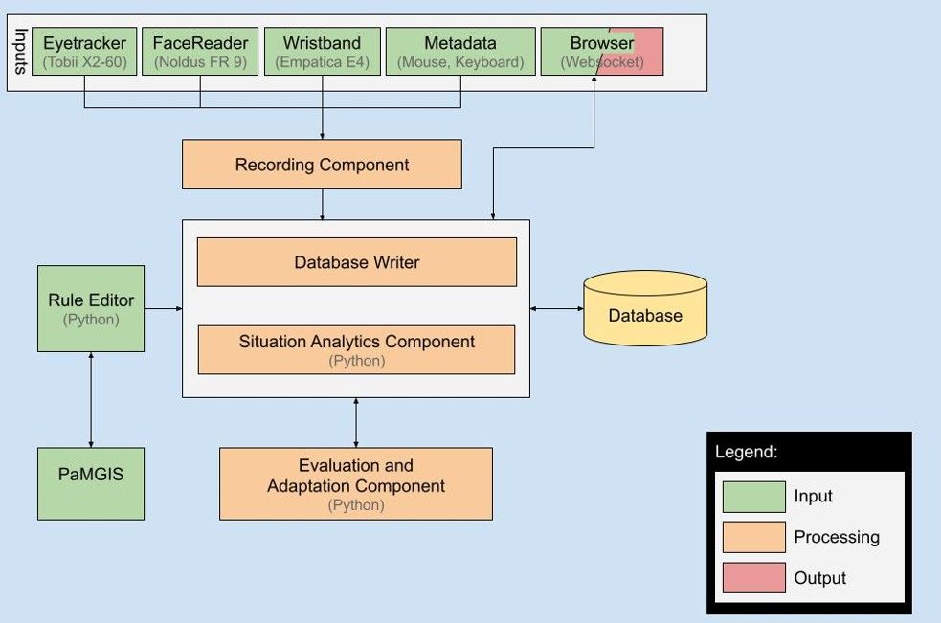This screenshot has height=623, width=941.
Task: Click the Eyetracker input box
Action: pyautogui.click(x=84, y=52)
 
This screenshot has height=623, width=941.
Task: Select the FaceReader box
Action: pyautogui.click(x=200, y=52)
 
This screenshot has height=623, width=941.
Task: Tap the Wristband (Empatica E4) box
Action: pyautogui.click(x=322, y=52)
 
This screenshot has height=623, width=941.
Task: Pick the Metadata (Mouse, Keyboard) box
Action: pyautogui.click(x=460, y=52)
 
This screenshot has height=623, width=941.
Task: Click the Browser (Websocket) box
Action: pyautogui.click(x=601, y=52)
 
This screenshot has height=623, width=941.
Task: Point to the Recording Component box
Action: pyautogui.click(x=322, y=165)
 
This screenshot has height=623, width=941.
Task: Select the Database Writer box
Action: pyautogui.click(x=356, y=262)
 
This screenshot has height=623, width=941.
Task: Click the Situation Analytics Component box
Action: pyautogui.click(x=356, y=349)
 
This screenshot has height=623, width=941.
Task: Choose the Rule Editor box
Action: pyautogui.click(x=91, y=308)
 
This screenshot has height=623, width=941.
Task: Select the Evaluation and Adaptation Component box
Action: pyautogui.click(x=356, y=483)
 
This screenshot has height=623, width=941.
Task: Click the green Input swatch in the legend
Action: pyautogui.click(x=753, y=497)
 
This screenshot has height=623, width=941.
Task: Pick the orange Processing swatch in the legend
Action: pyautogui.click(x=753, y=537)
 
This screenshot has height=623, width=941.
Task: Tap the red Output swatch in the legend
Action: pyautogui.click(x=753, y=578)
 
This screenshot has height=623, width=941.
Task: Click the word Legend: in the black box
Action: pyautogui.click(x=747, y=452)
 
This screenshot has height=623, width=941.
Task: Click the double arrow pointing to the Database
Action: pyautogui.click(x=556, y=308)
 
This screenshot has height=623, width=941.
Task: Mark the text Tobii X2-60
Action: pyautogui.click(x=84, y=63)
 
